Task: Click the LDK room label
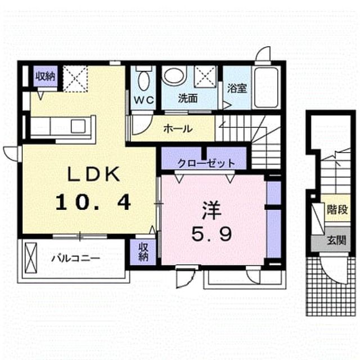[93, 174]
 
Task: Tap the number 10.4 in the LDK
[93, 202]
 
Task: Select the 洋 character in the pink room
[211, 211]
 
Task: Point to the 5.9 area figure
[211, 234]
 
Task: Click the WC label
[144, 100]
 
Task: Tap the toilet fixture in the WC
[144, 78]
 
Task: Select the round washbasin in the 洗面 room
[174, 75]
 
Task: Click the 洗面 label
[188, 99]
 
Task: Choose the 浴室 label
[237, 88]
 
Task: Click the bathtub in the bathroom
[266, 88]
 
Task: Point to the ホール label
[178, 129]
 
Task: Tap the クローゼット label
[206, 163]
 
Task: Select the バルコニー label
[75, 259]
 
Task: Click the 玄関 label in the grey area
[336, 240]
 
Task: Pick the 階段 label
[337, 210]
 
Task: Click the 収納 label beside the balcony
[143, 251]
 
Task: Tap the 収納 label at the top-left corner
[45, 76]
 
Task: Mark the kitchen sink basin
[78, 126]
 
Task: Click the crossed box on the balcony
[31, 258]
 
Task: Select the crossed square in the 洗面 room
[205, 76]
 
